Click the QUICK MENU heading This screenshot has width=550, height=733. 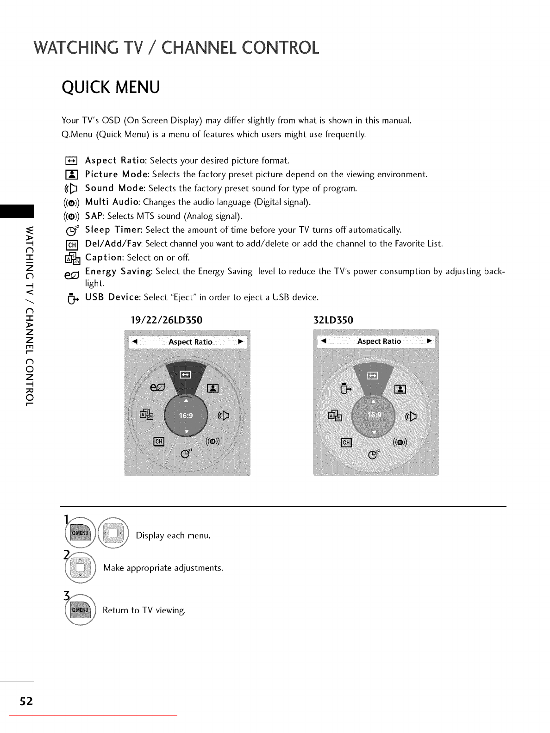pos(111,87)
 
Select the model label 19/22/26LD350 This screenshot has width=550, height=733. pos(167,320)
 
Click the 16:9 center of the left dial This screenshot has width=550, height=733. pos(186,416)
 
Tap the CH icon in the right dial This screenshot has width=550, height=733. pos(346,442)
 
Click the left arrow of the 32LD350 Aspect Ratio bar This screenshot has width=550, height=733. pos(324,341)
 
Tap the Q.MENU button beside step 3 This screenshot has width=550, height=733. pos(80,610)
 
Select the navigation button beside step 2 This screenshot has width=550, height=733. pos(80,568)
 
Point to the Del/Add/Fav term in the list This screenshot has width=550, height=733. pos(113,244)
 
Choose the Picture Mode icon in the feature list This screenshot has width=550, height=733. pos(72,175)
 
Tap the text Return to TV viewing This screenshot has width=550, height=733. pos(144,610)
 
